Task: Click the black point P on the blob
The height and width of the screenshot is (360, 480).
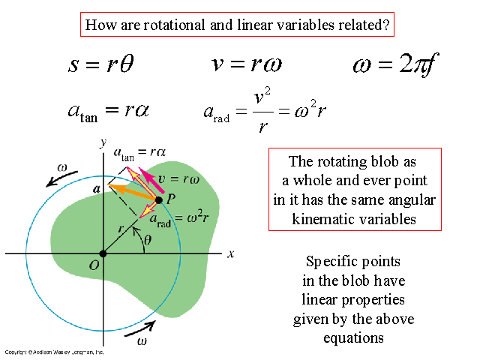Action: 159,199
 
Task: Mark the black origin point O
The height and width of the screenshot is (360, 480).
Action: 103,253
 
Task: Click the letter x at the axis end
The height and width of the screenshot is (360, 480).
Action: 231,253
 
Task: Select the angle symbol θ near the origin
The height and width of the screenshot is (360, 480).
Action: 148,241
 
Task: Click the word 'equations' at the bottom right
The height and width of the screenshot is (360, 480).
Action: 353,337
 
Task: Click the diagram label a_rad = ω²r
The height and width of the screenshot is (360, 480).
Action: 174,220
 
